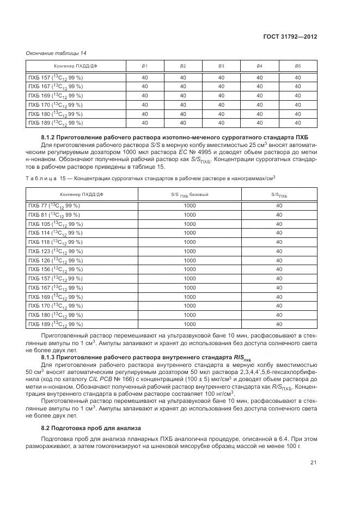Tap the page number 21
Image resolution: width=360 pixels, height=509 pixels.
(x=314, y=463)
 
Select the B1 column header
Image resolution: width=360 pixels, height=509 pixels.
(x=144, y=66)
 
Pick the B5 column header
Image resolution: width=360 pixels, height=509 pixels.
(x=297, y=66)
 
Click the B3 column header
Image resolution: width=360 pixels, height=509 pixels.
(x=221, y=66)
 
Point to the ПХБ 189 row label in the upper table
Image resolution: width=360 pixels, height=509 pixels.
(x=55, y=124)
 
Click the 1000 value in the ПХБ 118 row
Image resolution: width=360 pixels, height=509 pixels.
(x=190, y=242)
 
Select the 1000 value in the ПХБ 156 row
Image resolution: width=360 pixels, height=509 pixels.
(x=190, y=269)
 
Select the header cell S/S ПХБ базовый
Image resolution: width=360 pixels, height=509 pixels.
(x=190, y=195)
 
